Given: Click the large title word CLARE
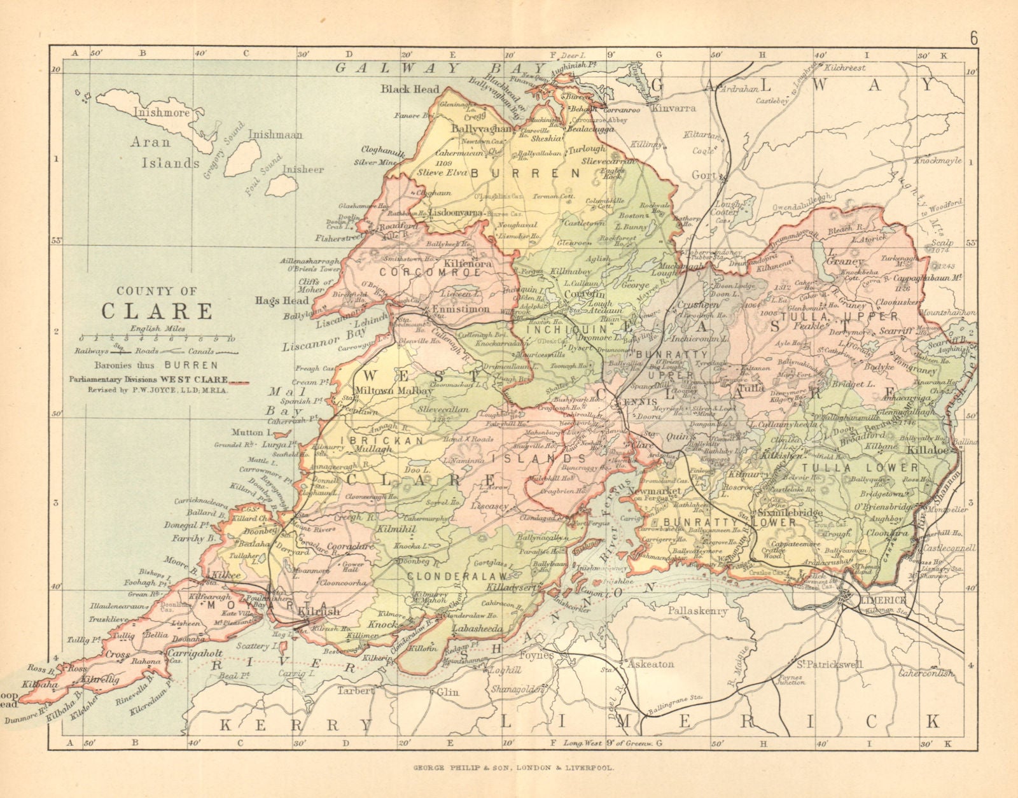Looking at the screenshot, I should tap(157, 311).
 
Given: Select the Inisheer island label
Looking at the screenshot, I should tap(303, 170).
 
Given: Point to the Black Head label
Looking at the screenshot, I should tap(410, 89).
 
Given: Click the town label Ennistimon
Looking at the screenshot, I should tap(460, 309).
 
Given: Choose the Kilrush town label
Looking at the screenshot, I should tap(319, 612).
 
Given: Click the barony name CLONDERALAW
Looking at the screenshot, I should tap(449, 575).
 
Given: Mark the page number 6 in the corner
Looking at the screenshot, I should tap(973, 38).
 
